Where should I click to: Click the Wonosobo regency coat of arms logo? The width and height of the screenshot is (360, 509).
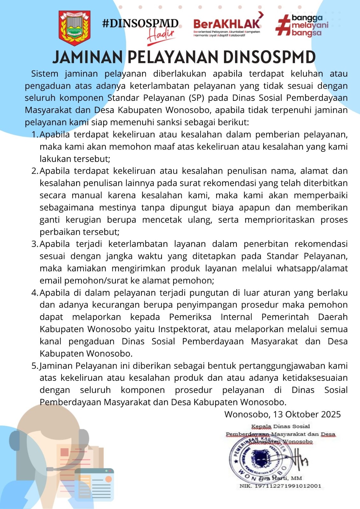74,28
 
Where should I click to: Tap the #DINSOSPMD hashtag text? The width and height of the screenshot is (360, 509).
140,23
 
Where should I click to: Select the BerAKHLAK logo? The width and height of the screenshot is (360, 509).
228,25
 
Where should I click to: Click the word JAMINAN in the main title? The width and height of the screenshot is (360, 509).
88,57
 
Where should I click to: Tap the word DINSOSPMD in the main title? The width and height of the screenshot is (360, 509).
269,57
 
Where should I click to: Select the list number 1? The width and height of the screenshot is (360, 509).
35,135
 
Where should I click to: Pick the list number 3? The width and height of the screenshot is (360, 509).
35,244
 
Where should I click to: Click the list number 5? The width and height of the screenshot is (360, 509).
35,366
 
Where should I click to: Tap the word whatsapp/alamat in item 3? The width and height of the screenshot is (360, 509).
312,268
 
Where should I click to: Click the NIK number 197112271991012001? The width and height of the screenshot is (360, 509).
288,486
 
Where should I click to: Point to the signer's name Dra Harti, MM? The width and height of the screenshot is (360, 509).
280,478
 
